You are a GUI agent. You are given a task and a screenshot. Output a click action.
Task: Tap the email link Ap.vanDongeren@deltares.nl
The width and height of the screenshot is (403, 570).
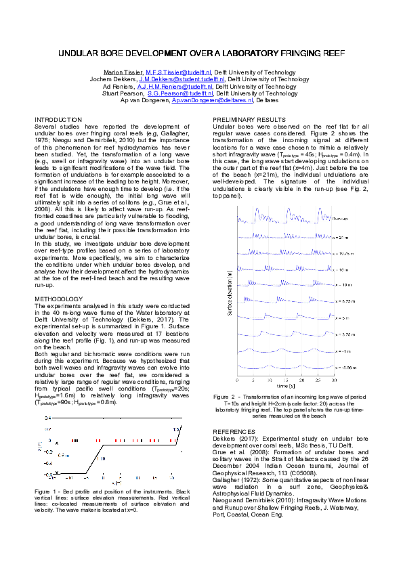point(213,100)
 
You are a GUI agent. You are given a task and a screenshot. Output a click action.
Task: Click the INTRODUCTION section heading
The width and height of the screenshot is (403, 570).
point(58,119)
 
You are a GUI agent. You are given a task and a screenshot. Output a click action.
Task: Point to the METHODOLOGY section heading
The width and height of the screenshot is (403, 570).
point(58,299)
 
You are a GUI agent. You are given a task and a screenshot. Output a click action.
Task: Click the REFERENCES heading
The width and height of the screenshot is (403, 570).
point(232,431)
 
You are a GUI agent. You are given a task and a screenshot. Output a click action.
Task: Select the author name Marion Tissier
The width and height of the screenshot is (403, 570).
point(123,72)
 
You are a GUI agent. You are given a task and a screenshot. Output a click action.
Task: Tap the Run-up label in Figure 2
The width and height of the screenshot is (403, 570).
point(341,218)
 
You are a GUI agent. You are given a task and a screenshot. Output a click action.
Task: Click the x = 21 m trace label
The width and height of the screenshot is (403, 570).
point(341,238)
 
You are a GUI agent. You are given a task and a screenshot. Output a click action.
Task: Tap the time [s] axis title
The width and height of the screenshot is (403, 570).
point(285,385)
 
